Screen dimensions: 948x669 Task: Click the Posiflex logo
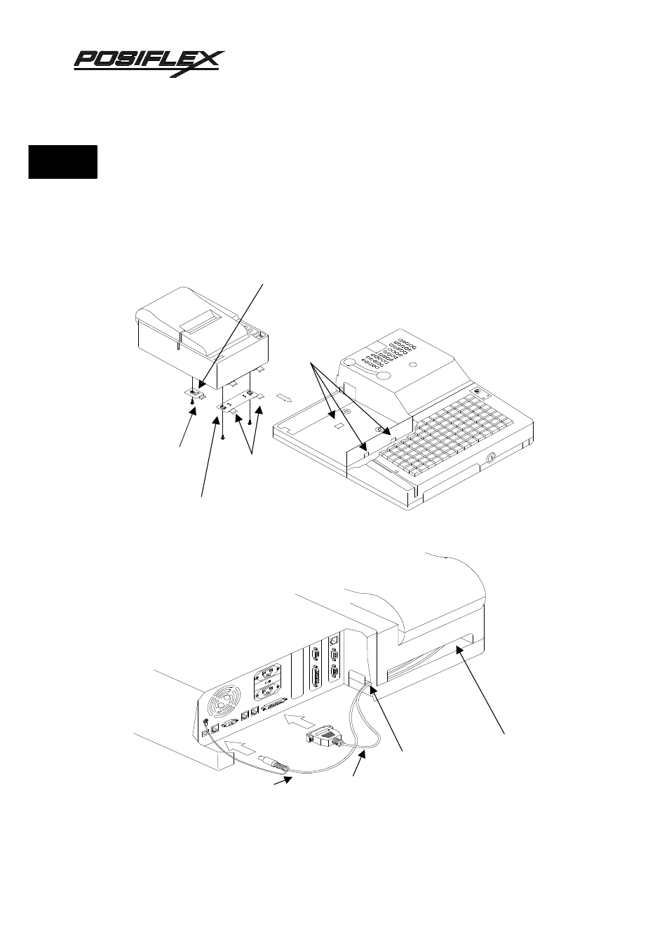(x=149, y=62)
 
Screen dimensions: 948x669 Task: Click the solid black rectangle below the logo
(x=62, y=161)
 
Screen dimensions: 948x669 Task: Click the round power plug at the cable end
(x=273, y=764)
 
